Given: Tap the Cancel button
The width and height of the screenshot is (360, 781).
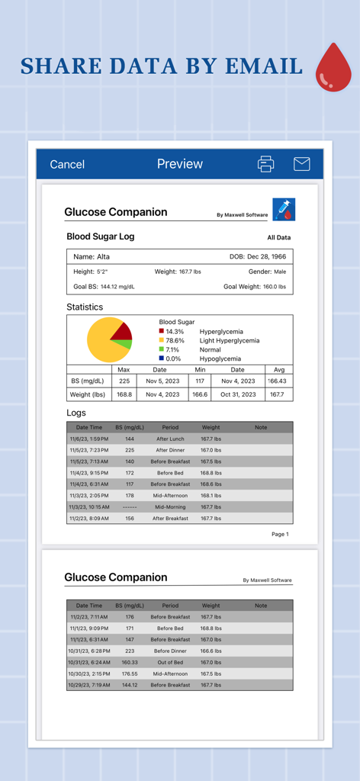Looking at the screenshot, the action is click(x=67, y=164).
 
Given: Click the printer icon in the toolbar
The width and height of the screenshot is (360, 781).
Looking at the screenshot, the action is click(x=265, y=164).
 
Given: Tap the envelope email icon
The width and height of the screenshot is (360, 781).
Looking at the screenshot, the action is click(x=301, y=164).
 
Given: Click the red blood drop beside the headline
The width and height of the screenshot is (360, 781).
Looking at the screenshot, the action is click(x=333, y=68).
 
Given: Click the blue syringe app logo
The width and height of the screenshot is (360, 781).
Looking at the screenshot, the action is click(x=284, y=210).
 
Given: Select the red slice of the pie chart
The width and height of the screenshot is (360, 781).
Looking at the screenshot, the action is click(x=122, y=331).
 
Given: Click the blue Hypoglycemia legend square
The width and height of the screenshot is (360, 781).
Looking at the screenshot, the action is click(x=162, y=358).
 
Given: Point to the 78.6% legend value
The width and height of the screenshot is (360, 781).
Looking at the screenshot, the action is click(x=175, y=341).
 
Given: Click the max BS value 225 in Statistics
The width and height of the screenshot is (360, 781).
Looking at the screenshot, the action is click(x=124, y=381).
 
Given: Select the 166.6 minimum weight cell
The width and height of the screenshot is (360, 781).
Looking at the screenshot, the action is click(x=200, y=394).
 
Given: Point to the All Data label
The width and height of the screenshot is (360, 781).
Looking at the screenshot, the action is click(x=278, y=238).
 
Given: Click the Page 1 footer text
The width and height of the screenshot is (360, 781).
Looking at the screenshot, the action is click(x=280, y=534).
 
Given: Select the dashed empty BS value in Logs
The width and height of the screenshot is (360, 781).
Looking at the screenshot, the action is click(x=130, y=507).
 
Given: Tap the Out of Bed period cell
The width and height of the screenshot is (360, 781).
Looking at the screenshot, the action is click(x=170, y=662).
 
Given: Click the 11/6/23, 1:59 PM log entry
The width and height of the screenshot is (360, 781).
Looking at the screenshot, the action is click(x=89, y=439).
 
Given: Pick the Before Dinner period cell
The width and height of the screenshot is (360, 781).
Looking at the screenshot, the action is click(x=170, y=651).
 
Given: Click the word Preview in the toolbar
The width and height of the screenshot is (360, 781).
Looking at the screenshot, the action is click(x=180, y=164).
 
